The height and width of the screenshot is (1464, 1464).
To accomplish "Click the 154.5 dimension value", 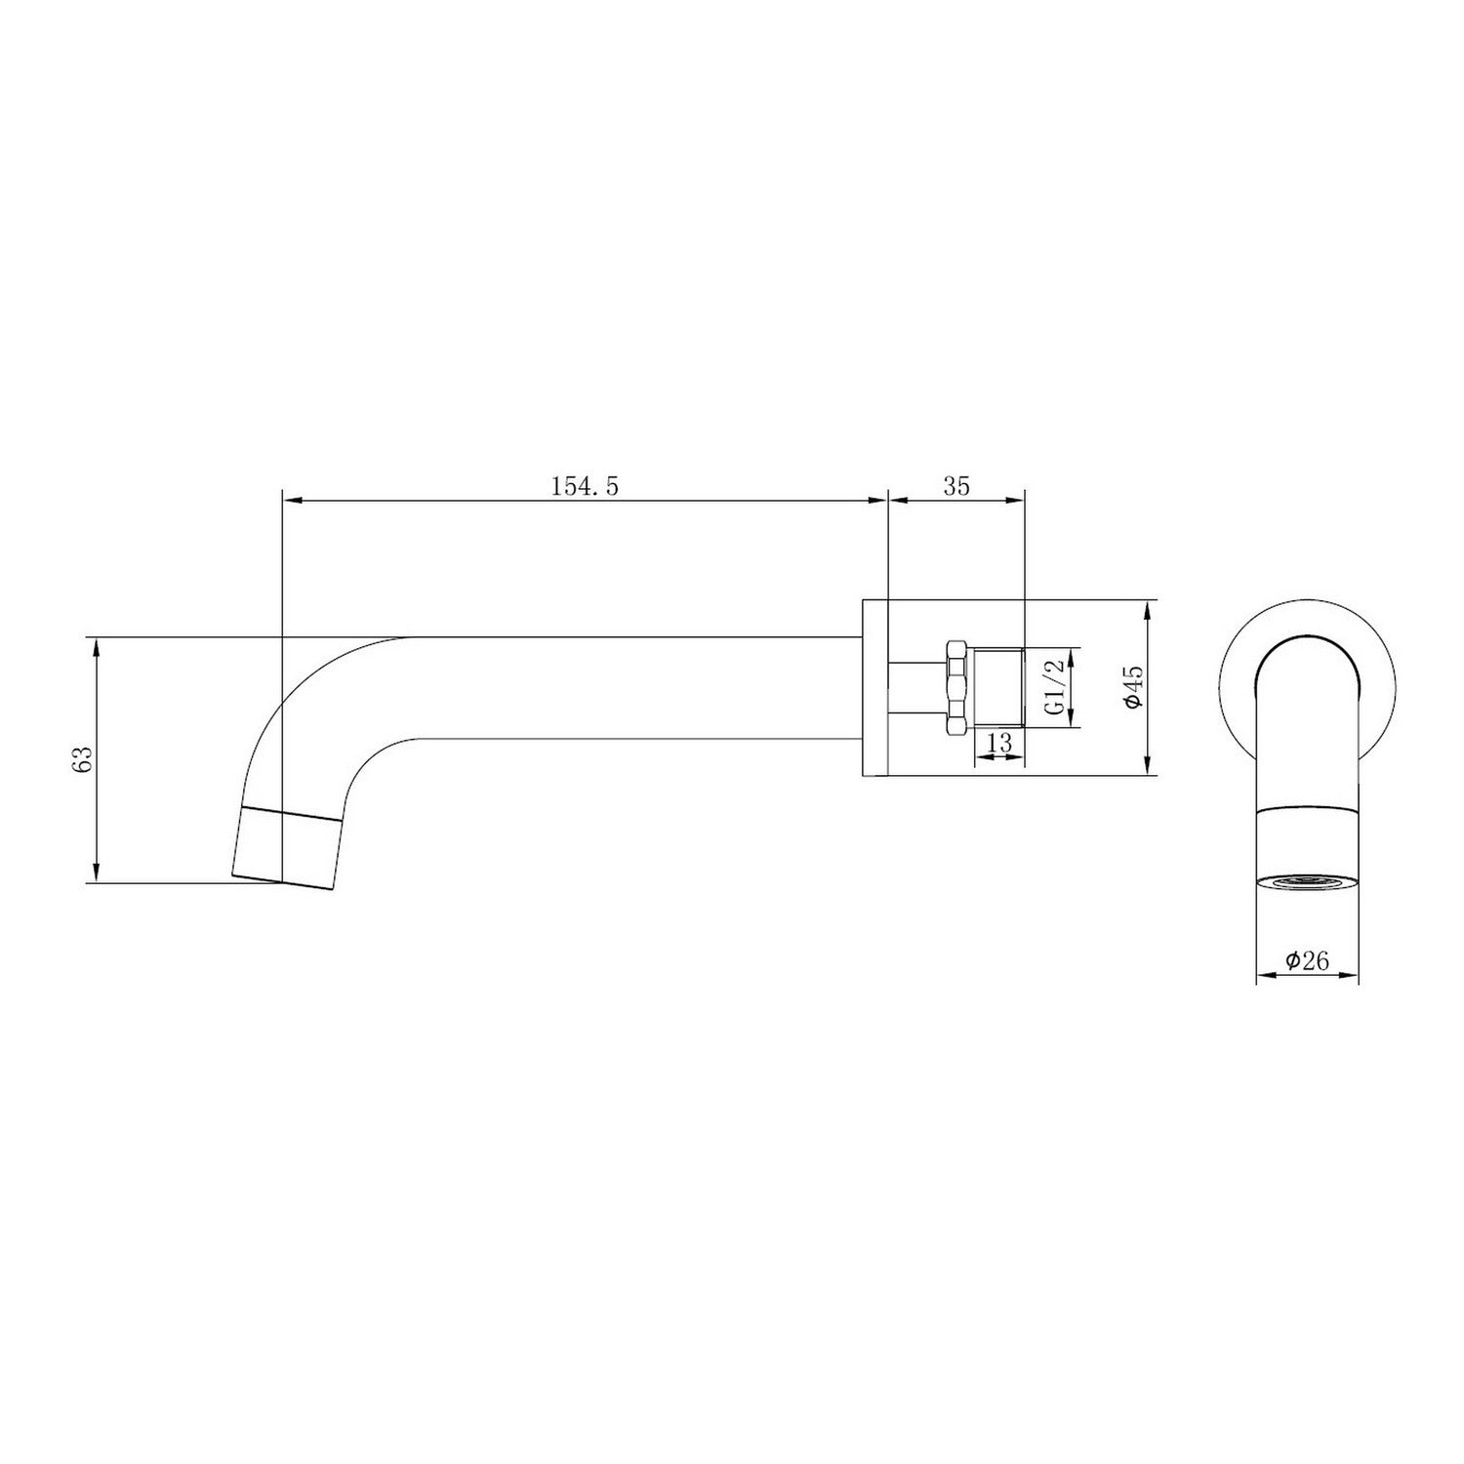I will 586,486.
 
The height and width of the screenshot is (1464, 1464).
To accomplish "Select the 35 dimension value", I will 956,486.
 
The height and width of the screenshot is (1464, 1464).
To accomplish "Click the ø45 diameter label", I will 1132,688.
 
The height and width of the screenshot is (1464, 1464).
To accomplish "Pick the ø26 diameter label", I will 1307,960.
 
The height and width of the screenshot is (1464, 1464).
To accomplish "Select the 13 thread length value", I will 998,744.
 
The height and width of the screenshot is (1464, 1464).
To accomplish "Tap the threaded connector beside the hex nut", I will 997,687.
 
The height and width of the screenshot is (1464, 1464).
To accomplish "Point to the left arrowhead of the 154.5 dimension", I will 290,501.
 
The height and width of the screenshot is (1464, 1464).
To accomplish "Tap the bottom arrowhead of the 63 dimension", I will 96,874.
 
